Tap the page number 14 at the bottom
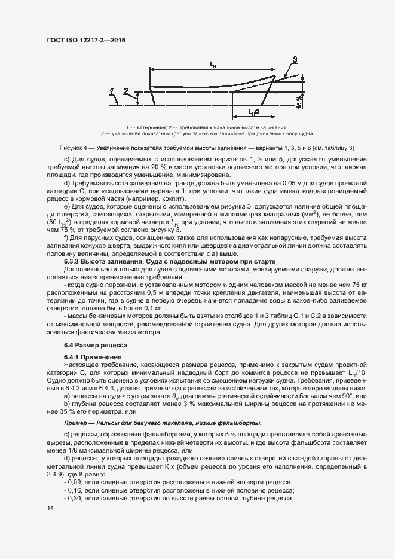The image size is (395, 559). coord(50,508)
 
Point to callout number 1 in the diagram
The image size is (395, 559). coord(112,91)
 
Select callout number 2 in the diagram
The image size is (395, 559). coord(125,91)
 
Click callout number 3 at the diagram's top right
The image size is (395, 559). coord(295,59)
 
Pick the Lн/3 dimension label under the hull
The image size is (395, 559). coord(253,112)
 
